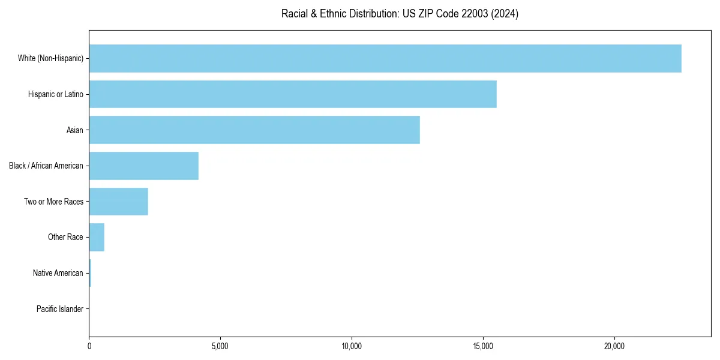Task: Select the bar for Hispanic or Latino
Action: [x=293, y=94]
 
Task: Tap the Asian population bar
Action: [x=254, y=130]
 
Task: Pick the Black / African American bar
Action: [x=144, y=166]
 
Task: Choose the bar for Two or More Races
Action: [x=119, y=202]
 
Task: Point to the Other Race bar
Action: [x=97, y=237]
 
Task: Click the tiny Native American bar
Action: [x=90, y=273]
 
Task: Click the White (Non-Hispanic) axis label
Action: [x=50, y=58]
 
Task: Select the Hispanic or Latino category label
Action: [x=56, y=94]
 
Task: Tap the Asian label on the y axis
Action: [x=75, y=130]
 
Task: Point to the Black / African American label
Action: [x=46, y=166]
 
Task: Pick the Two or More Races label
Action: [x=54, y=202]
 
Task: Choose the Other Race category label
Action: [x=65, y=237]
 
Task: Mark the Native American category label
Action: [x=58, y=273]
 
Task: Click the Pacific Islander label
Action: [x=60, y=309]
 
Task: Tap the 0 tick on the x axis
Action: [x=89, y=346]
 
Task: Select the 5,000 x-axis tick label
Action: [x=220, y=346]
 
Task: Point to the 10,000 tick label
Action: [x=352, y=346]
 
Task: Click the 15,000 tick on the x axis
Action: [x=483, y=346]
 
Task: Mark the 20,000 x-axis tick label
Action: [x=614, y=346]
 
